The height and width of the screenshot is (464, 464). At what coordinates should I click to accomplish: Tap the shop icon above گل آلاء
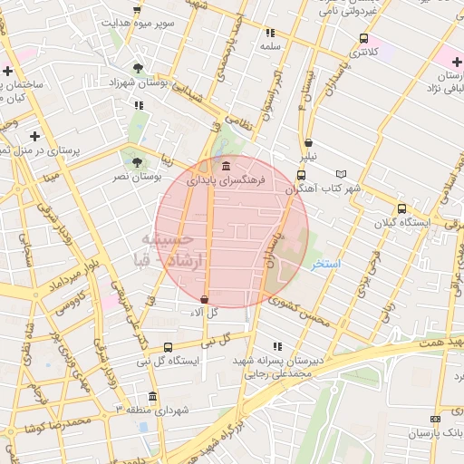[x=204, y=298]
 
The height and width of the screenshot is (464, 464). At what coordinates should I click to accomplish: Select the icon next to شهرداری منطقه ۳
[x=151, y=396]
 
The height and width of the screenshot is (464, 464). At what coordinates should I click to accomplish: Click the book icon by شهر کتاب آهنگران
[x=341, y=173]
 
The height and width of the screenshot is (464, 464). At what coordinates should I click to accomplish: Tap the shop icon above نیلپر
[x=309, y=142]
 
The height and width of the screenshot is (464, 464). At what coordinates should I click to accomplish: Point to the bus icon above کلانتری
[x=363, y=38]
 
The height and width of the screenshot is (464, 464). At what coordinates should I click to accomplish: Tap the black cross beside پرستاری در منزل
[x=34, y=136]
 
